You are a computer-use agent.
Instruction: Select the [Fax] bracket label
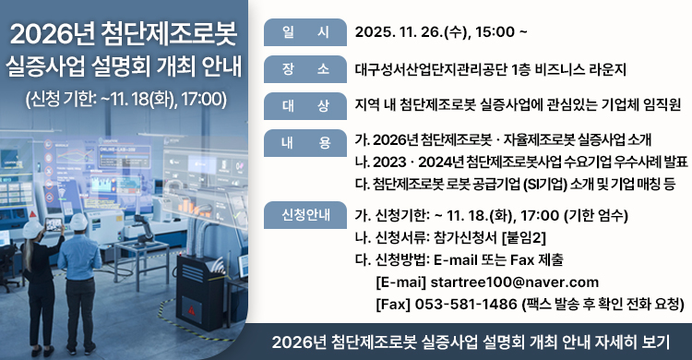393,303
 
